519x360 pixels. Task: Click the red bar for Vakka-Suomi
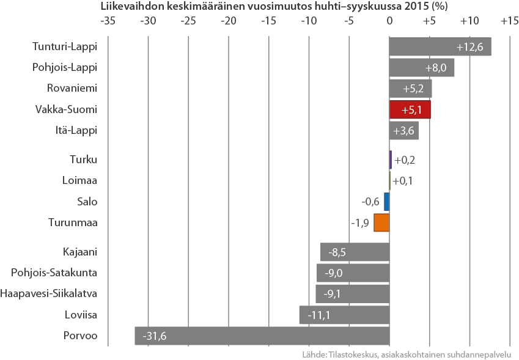410,109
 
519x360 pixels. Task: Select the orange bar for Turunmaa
381,222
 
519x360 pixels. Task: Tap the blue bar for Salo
386,202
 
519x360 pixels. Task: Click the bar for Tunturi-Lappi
440,46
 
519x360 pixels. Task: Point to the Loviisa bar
344,315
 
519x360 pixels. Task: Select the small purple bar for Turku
390,160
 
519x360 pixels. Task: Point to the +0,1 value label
403,181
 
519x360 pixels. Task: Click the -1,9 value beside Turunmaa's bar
360,222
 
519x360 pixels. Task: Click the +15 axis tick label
509,20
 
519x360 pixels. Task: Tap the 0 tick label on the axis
389,20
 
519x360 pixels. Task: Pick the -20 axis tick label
228,20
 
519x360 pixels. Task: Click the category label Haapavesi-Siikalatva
49,293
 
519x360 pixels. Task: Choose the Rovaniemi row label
72,88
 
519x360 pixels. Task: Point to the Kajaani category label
80,251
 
